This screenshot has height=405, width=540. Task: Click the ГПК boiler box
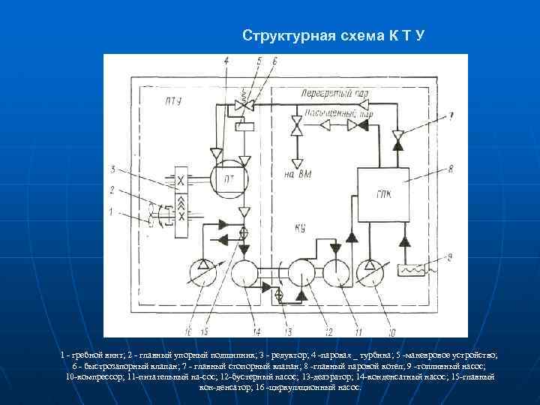(x=382, y=190)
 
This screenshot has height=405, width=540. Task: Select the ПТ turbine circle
(x=224, y=181)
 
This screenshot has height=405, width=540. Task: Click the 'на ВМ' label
(x=298, y=174)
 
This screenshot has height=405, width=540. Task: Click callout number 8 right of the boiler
(x=450, y=169)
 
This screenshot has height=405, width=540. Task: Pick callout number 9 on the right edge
(x=450, y=256)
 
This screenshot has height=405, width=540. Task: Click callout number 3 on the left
(x=112, y=168)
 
